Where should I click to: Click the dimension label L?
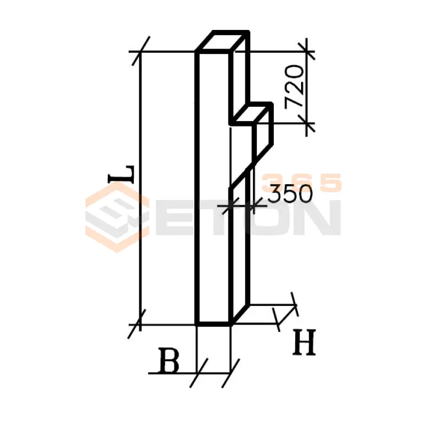pyautogui.click(x=122, y=175)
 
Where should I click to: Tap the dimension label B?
pyautogui.click(x=169, y=361)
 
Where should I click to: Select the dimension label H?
pyautogui.click(x=304, y=342)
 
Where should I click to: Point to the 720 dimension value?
pyautogui.click(x=294, y=86)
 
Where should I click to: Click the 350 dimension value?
pyautogui.click(x=290, y=194)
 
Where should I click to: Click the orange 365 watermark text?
pyautogui.click(x=301, y=183)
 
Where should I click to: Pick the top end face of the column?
pyautogui.click(x=223, y=42)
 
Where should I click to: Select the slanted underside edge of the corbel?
pyautogui.click(x=251, y=166)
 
